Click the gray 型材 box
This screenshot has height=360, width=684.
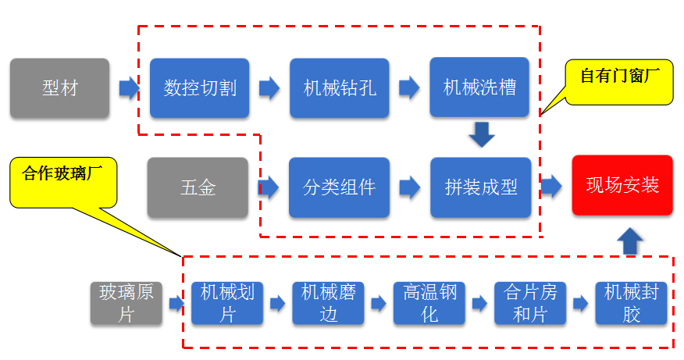[x=60, y=87]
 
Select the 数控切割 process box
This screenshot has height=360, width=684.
[x=200, y=87]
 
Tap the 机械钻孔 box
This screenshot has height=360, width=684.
[x=340, y=87]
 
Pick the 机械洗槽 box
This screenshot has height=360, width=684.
[x=479, y=87]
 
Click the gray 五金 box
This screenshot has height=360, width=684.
[x=198, y=187]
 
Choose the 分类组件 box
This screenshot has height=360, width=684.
[x=340, y=187]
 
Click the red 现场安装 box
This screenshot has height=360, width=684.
[x=622, y=185]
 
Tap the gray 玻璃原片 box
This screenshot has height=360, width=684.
[x=126, y=303]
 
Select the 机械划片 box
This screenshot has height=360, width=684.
[x=227, y=303]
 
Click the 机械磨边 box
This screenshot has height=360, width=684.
[x=329, y=303]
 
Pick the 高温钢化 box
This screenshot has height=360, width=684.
[x=429, y=303]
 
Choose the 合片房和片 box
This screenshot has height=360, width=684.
[x=531, y=303]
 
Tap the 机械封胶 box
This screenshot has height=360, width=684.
[x=632, y=303]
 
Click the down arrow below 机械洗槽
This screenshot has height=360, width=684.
[x=482, y=134]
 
